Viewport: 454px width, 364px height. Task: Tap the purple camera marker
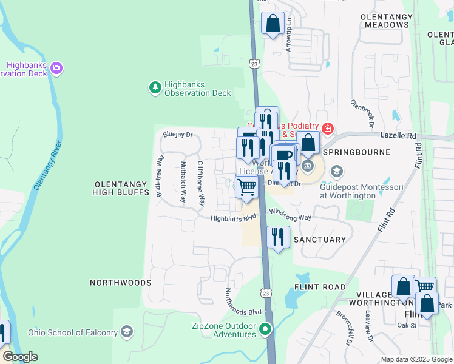(57, 67)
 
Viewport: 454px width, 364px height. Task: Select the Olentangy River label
(49, 165)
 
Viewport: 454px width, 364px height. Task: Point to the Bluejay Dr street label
(177, 135)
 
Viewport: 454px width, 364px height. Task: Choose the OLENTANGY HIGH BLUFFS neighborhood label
(121, 187)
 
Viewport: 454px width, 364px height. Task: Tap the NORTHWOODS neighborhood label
(120, 283)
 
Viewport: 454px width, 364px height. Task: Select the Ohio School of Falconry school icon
(126, 332)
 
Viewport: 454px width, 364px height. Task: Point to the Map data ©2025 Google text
(416, 359)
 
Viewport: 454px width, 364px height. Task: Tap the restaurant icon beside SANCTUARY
(278, 237)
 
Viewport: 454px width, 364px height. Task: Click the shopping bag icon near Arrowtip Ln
(273, 24)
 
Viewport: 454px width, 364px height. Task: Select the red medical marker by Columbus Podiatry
(328, 128)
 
